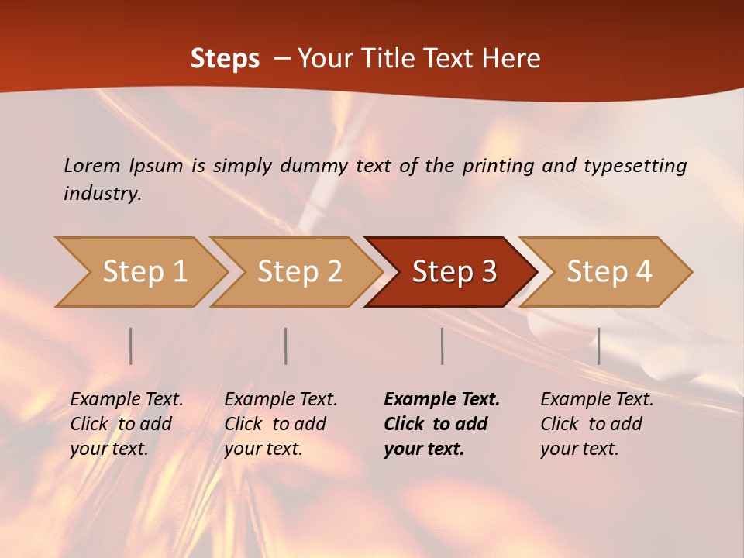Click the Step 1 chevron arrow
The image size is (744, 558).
pos(143,272)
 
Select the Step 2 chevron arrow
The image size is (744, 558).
pos(298,272)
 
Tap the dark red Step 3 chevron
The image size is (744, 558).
pos(453,272)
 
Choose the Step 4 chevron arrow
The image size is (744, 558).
pos(608,272)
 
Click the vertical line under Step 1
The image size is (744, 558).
pos(131,346)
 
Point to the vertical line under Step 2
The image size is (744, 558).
pos(286,346)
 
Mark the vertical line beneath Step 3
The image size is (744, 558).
pos(442,346)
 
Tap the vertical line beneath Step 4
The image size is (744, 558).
pos(598,346)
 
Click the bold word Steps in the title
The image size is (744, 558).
pos(225,59)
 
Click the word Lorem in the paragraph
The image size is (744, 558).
pos(92,166)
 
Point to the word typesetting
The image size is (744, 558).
pos(635,166)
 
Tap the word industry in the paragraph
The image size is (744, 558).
pos(102,193)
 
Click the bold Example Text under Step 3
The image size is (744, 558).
pos(442,400)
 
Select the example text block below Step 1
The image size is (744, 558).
pos(126,424)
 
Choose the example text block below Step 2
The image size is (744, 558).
pos(281,424)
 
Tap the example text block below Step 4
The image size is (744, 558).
pos(597,424)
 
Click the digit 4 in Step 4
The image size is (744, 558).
pos(643,272)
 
